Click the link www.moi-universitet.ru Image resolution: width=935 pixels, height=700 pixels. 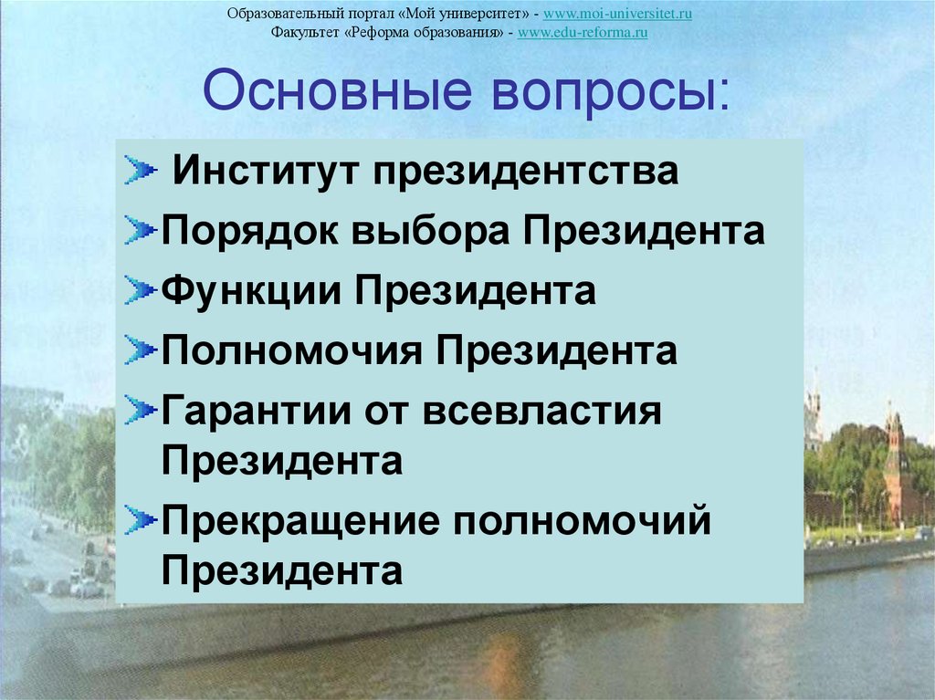tap(623, 15)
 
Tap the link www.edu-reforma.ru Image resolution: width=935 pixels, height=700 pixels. tap(583, 33)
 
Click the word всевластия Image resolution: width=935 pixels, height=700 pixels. tap(541, 411)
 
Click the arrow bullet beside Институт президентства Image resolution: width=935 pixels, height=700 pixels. tap(141, 171)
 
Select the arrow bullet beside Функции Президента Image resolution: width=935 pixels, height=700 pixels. tap(141, 290)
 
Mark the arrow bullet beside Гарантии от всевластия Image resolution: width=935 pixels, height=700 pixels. tap(141, 410)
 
